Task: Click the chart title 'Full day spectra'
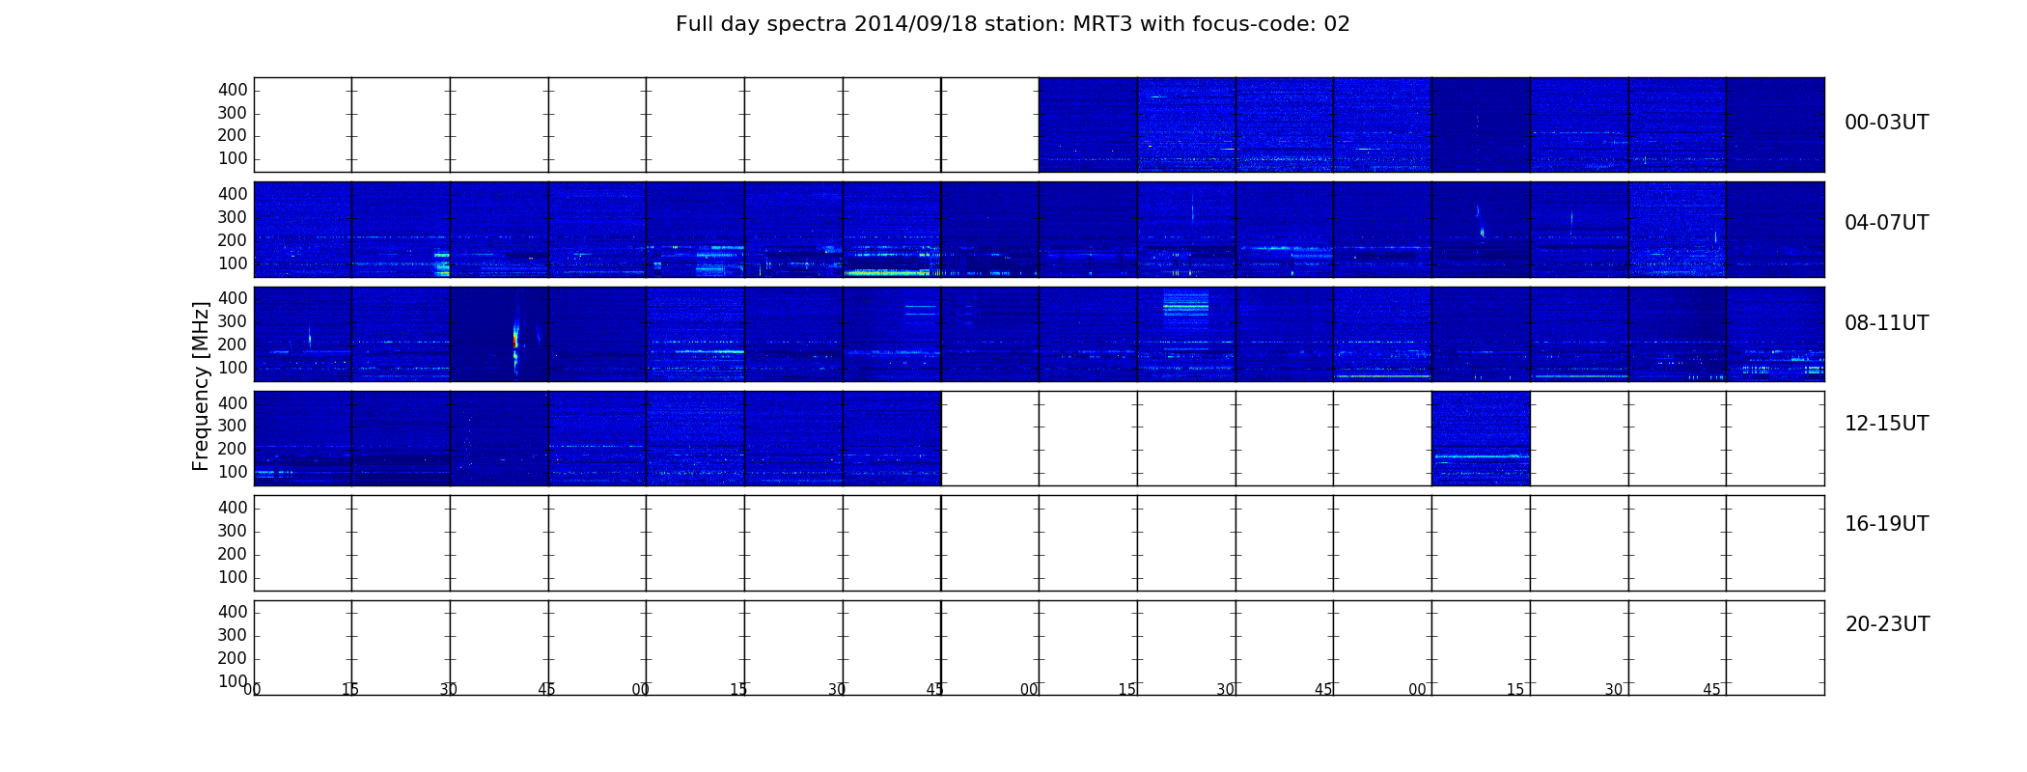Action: [x=761, y=24]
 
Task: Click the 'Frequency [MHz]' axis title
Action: [x=201, y=386]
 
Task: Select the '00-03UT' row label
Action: [x=1886, y=123]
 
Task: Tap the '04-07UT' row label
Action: [x=1886, y=223]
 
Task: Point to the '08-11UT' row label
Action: [x=1886, y=323]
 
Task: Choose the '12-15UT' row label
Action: [x=1886, y=424]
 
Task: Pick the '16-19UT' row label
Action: [x=1886, y=524]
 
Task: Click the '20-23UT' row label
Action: [x=1887, y=624]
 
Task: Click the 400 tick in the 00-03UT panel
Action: [x=233, y=90]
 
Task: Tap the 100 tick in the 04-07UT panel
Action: [x=233, y=263]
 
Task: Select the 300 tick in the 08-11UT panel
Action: [x=233, y=321]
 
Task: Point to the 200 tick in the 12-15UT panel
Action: [x=233, y=449]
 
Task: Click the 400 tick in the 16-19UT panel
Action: [x=233, y=508]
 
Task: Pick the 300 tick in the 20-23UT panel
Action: [x=233, y=635]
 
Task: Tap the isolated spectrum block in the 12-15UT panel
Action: [x=1481, y=438]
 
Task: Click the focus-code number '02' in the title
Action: [x=1337, y=24]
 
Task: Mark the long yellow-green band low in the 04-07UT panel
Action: [x=887, y=273]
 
